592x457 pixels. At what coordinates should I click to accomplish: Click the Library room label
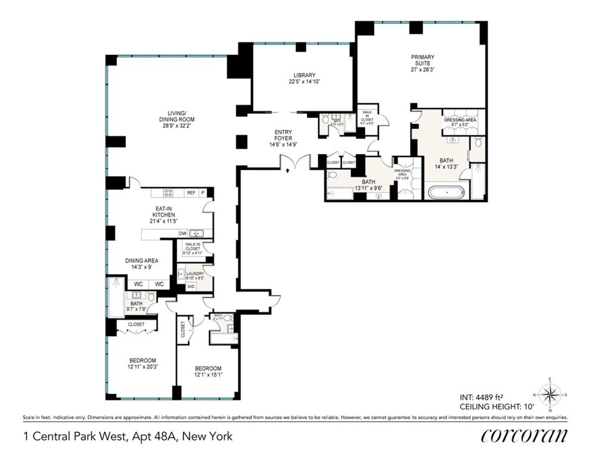[302, 75]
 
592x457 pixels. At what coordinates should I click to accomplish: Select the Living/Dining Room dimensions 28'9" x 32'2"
[177, 126]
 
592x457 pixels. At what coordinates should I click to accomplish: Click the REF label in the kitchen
[191, 192]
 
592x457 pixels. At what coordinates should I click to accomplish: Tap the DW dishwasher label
[183, 233]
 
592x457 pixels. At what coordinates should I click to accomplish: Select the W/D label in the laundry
[190, 286]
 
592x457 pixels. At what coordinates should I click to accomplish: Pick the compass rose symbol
[550, 394]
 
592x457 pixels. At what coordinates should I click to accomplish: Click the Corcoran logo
[524, 436]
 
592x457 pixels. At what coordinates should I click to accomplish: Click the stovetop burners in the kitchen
[168, 192]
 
